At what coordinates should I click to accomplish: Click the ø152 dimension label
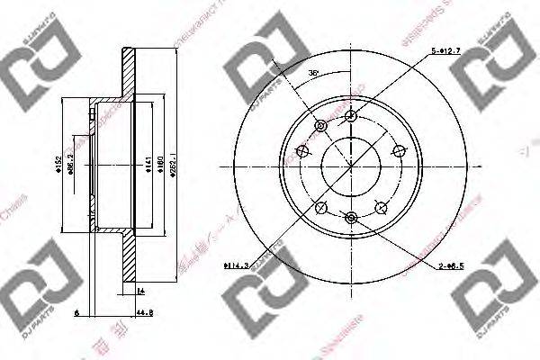point(58,164)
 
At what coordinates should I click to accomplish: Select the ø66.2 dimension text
point(72,164)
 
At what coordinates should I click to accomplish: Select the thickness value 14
point(140,292)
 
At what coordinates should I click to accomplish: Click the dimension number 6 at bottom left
point(78,314)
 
